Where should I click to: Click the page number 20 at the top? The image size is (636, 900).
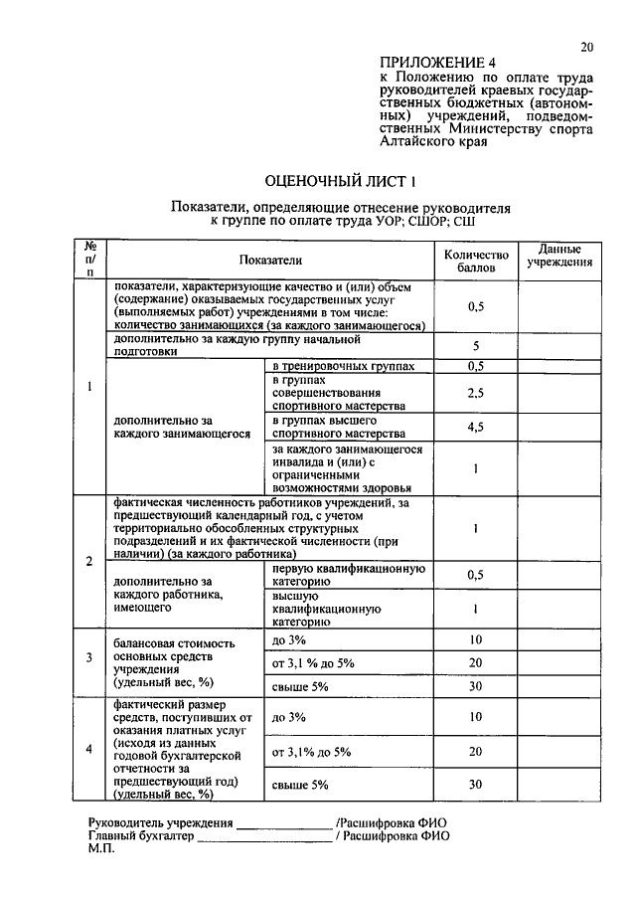pos(586,47)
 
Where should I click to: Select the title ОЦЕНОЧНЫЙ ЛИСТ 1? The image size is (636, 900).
pos(340,181)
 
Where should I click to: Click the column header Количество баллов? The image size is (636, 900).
pos(476,261)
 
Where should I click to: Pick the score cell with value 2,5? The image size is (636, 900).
pos(476,393)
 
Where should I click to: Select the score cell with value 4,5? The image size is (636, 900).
pos(476,428)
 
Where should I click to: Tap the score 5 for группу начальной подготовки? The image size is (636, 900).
pos(476,345)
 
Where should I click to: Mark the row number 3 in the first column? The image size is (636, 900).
pos(89,657)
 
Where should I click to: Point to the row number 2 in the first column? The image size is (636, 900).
pos(89,562)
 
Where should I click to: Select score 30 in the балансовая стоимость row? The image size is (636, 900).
pos(476,686)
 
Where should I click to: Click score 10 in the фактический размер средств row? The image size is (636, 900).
pos(476,716)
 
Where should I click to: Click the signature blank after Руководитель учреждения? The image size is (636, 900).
pos(284,824)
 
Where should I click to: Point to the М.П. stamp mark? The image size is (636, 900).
pos(102,851)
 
